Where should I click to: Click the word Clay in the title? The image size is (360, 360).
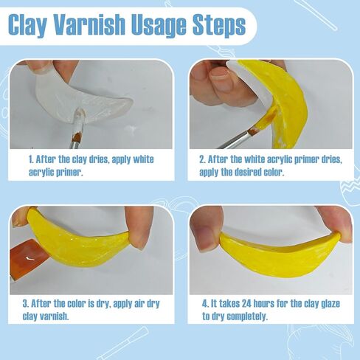[x=27, y=25]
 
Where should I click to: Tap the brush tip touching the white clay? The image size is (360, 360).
[x=80, y=116]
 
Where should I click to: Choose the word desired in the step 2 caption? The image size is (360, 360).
[x=247, y=172]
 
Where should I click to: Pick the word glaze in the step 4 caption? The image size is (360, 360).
[x=330, y=304]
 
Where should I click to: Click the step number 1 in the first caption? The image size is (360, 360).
[x=30, y=159]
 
